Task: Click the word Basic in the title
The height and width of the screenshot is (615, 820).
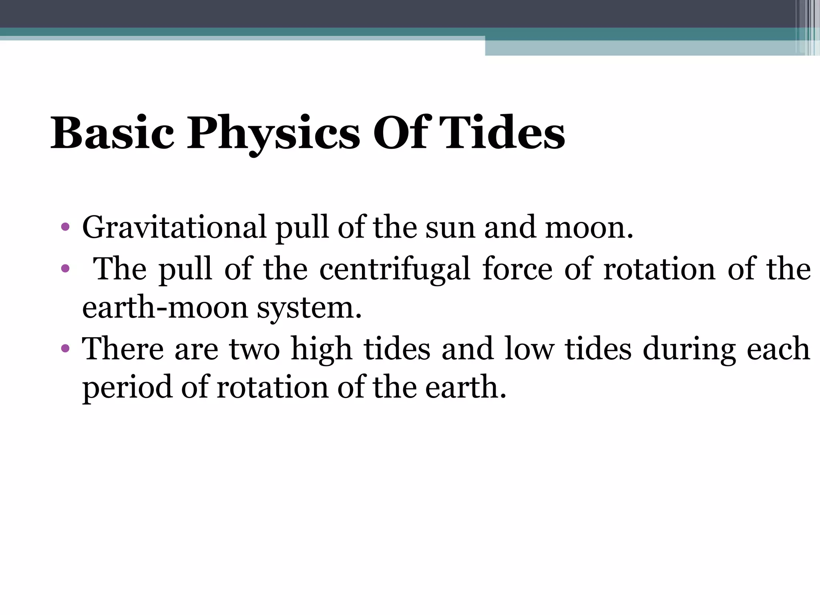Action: [112, 133]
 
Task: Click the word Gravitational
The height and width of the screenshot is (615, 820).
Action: [174, 227]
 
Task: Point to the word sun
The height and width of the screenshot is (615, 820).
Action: [450, 227]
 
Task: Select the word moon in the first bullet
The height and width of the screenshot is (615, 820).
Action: [589, 227]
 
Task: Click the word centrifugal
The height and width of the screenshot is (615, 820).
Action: [394, 269]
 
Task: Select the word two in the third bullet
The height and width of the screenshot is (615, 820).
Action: [254, 348]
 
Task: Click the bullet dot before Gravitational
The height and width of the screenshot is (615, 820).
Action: [65, 228]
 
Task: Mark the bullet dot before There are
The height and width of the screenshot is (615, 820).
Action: [65, 349]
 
